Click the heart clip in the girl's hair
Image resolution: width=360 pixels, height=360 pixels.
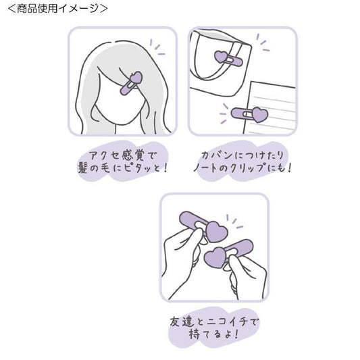click(x=131, y=82)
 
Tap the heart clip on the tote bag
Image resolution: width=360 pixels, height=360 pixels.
click(x=228, y=59)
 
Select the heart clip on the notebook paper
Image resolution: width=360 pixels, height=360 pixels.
click(x=249, y=114)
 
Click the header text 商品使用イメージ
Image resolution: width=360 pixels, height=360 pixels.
click(x=57, y=8)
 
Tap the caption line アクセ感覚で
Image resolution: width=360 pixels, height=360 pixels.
click(x=123, y=155)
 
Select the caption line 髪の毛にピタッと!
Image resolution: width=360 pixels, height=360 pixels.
click(x=123, y=168)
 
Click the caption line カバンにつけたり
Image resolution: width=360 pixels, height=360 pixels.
click(x=242, y=155)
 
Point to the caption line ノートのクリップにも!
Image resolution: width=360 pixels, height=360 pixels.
click(x=242, y=168)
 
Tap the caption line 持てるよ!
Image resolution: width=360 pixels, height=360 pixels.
click(x=213, y=334)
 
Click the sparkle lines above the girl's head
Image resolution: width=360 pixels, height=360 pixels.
click(x=157, y=47)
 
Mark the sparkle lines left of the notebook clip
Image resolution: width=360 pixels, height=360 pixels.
click(x=224, y=113)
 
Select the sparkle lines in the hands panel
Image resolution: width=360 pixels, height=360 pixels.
click(x=234, y=222)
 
